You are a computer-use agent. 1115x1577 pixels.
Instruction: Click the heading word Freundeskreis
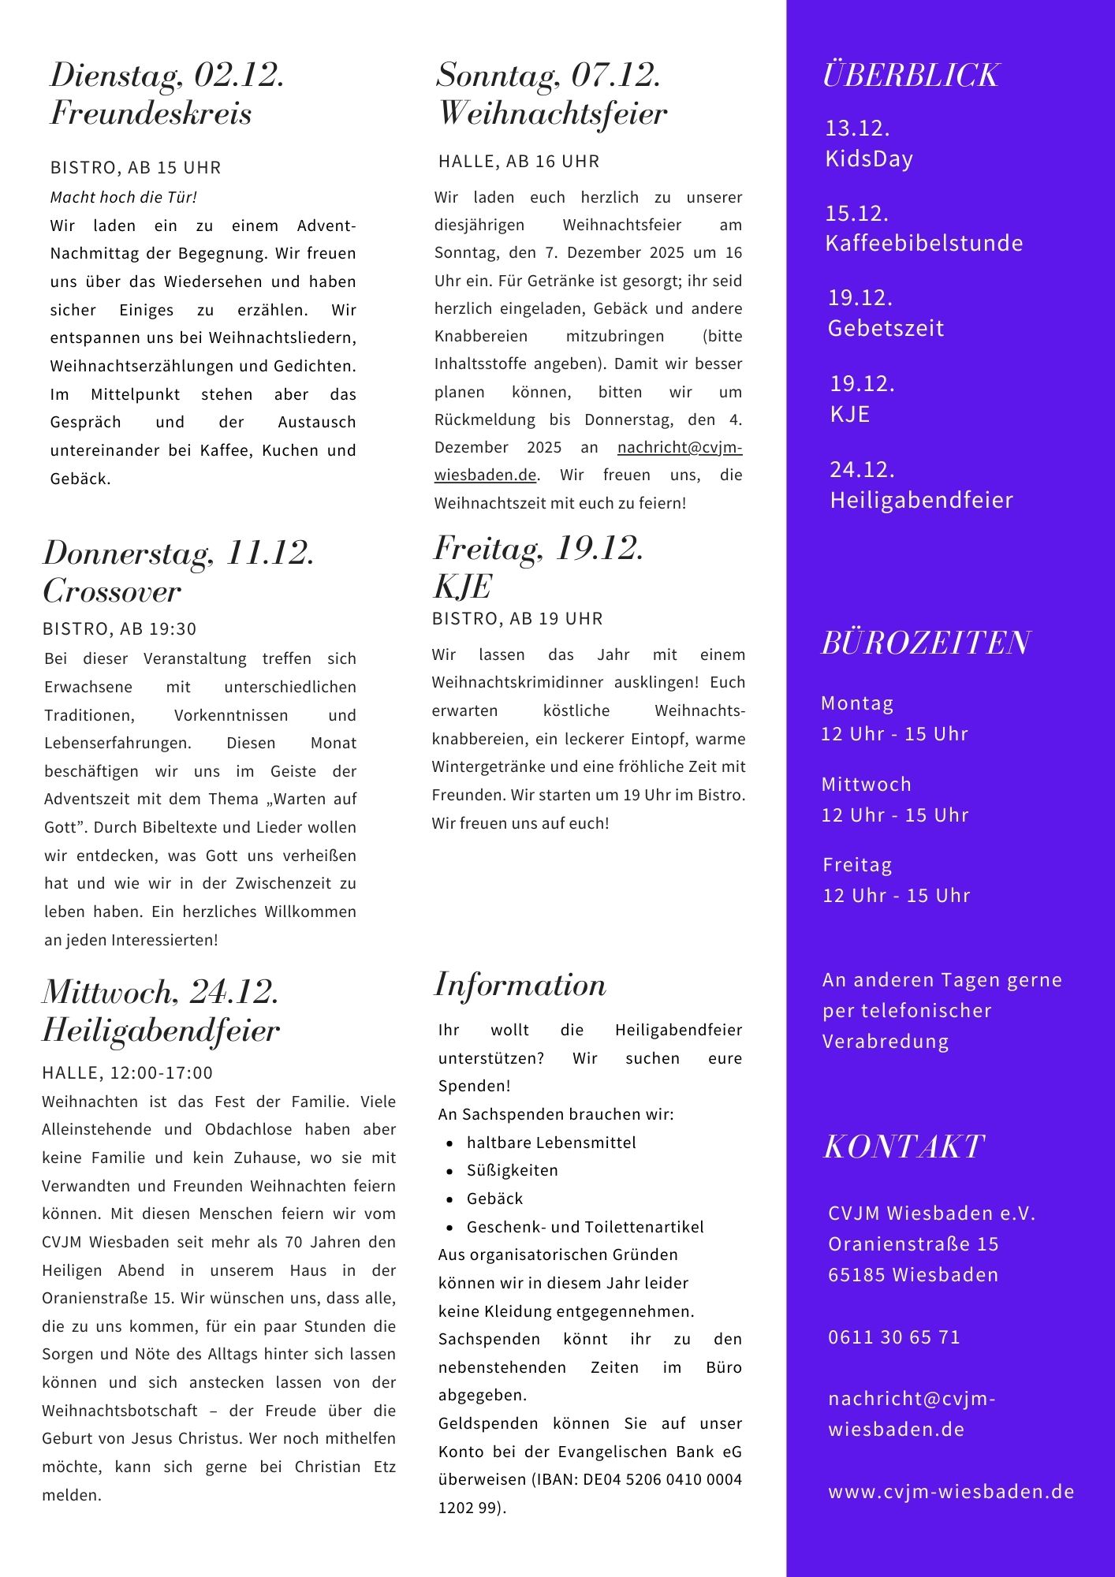151,114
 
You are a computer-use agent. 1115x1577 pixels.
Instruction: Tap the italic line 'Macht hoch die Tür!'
124,197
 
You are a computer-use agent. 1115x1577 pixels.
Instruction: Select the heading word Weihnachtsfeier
552,114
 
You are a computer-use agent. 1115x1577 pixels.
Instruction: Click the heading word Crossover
112,591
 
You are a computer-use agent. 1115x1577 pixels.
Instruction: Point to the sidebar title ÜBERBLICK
911,76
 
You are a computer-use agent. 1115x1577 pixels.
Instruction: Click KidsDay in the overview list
869,159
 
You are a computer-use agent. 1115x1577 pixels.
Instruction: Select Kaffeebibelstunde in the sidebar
923,243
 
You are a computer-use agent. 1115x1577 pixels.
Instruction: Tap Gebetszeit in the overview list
886,328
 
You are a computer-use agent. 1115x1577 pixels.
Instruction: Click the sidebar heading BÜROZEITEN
925,643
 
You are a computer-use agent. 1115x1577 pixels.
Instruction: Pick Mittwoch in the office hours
866,785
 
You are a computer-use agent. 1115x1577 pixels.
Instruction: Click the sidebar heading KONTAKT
904,1147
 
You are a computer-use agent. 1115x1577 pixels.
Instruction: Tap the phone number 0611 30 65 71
894,1337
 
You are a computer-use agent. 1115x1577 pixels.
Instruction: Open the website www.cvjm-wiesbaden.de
951,1492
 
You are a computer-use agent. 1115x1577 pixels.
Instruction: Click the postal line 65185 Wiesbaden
913,1275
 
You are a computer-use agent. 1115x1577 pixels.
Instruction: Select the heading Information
520,986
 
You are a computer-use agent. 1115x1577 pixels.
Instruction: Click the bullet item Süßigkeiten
512,1170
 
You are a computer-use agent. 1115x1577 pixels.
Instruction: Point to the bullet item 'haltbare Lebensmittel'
550,1143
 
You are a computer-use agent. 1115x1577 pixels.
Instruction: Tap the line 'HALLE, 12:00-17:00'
128,1072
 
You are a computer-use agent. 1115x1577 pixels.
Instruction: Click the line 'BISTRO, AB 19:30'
120,629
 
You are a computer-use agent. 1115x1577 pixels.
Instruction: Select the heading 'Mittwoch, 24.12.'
161,992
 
